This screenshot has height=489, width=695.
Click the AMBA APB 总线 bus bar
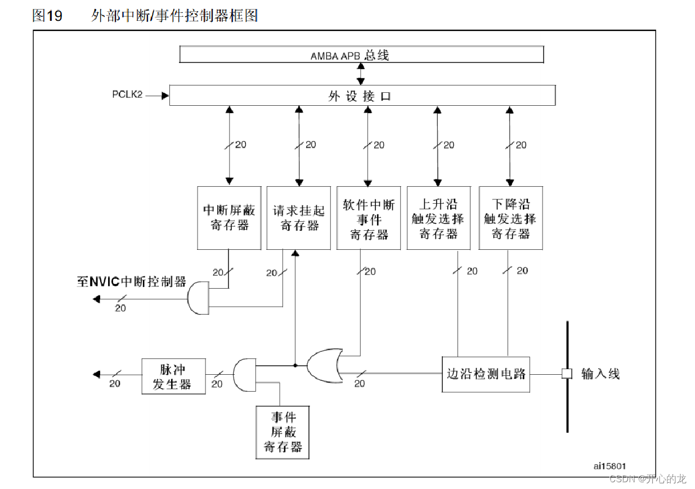click(x=361, y=55)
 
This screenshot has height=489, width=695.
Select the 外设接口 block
click(x=362, y=96)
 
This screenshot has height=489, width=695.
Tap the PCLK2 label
click(x=127, y=95)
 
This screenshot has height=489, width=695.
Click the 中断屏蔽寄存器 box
click(x=229, y=218)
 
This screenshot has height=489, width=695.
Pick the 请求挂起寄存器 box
click(x=299, y=218)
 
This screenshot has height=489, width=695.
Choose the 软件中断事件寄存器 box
click(x=369, y=218)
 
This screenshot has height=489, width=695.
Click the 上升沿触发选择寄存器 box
click(x=439, y=218)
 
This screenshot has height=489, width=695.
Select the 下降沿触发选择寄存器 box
click(x=511, y=218)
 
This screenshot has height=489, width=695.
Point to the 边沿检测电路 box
click(x=486, y=374)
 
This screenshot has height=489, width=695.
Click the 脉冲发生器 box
click(x=173, y=375)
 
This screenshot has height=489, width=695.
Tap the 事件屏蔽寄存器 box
click(x=283, y=432)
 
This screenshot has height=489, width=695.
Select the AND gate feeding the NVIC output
click(x=198, y=298)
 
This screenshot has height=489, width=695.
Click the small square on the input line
click(x=567, y=374)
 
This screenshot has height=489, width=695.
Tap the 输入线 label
click(x=600, y=374)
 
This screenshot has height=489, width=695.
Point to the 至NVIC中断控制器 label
click(x=131, y=281)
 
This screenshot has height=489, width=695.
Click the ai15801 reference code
click(x=609, y=466)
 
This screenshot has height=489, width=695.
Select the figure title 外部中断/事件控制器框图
click(x=174, y=16)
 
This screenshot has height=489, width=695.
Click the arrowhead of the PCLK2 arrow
click(x=165, y=96)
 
